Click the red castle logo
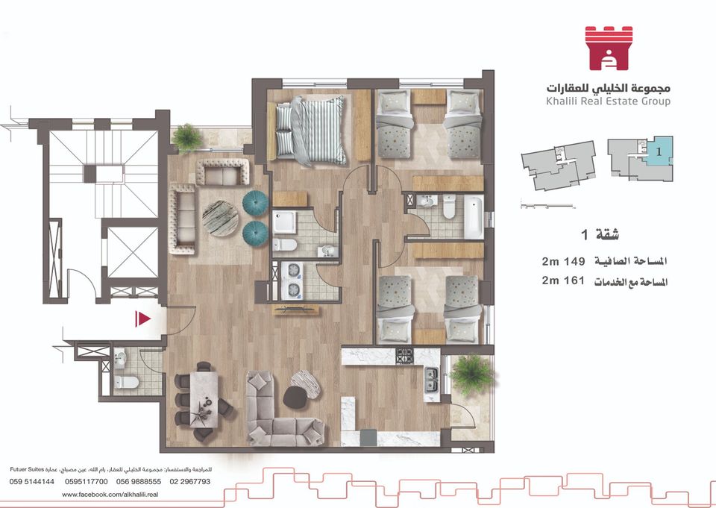[x=609, y=48]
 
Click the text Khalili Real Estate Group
[x=609, y=101]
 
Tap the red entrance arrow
[x=143, y=319]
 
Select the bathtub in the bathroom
[x=474, y=217]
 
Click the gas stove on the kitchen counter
[x=404, y=356]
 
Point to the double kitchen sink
[x=431, y=380]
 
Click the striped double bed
[x=310, y=131]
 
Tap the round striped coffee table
[x=220, y=219]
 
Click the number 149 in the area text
[x=574, y=261]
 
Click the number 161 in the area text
[x=574, y=280]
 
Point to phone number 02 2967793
[x=190, y=481]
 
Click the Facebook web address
[x=110, y=495]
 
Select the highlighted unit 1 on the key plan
[x=658, y=150]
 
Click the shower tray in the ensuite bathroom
[x=285, y=222]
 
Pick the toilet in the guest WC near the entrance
[x=127, y=382]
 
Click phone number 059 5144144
[x=31, y=481]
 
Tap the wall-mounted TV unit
[x=295, y=310]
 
